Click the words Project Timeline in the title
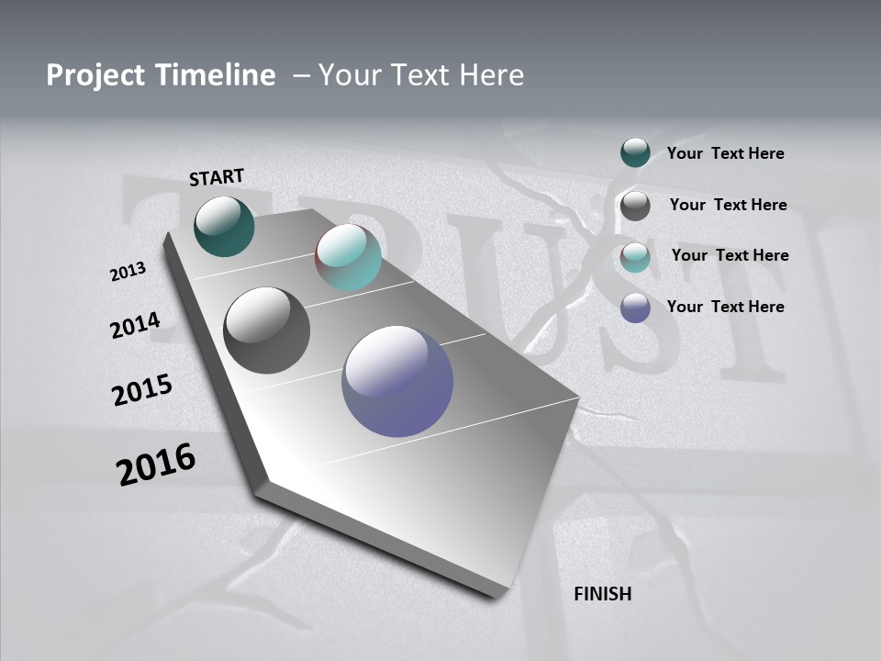coord(161,75)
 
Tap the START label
coord(217,177)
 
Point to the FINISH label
coord(602,594)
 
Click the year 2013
coord(128,272)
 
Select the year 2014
coord(135,326)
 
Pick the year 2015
coord(142,390)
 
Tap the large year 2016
coord(156,465)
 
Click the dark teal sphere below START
coord(225,226)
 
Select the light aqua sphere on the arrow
coord(348,257)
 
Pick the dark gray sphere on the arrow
coord(267,330)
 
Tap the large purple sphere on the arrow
coord(397,381)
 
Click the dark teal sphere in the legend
coord(635,152)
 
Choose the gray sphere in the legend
coord(635,206)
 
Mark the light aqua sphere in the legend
coord(635,257)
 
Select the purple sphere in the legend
coord(635,308)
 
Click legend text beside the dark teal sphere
coord(725,153)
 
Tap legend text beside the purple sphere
coord(725,307)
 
